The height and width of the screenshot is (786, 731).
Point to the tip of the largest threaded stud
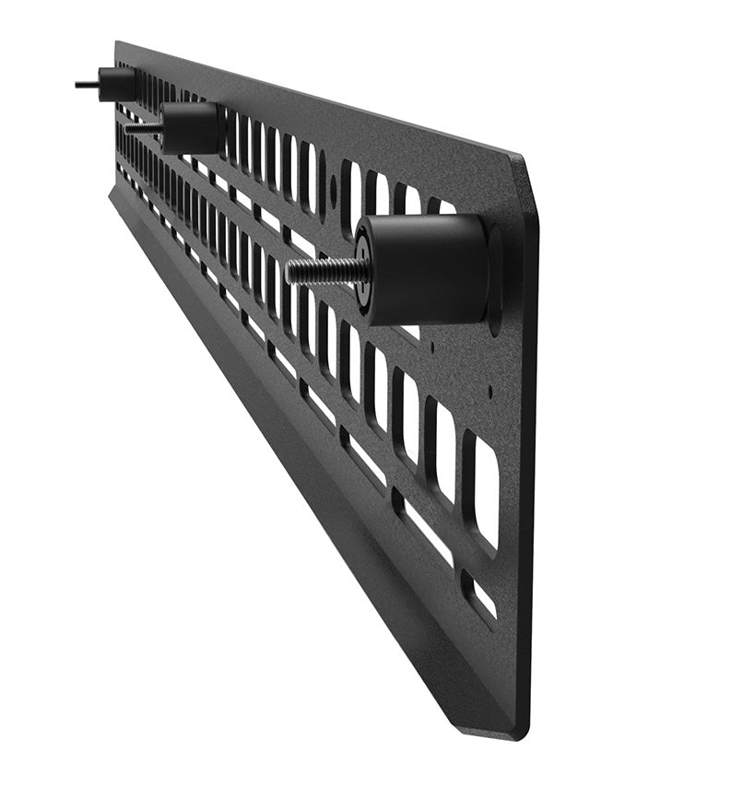point(289,272)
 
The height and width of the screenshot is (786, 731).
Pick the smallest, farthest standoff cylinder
point(118,83)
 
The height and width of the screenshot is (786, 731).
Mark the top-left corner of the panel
point(116,42)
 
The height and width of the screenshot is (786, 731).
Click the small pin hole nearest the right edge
point(489,391)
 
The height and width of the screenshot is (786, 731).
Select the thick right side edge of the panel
point(528,461)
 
